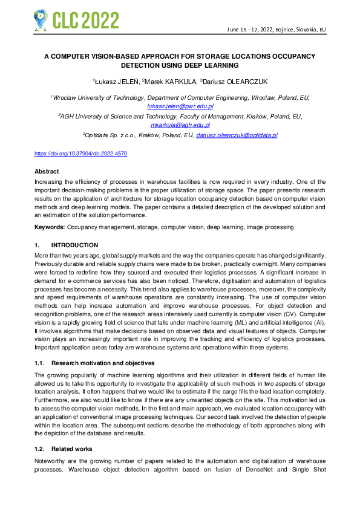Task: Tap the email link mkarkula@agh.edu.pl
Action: point(180,125)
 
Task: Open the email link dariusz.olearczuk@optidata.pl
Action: point(237,135)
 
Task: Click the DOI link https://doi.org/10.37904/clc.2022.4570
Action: point(80,154)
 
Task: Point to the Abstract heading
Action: point(47,172)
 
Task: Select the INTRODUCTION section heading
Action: point(74,245)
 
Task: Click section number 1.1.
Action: point(39,363)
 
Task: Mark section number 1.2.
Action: point(39,449)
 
